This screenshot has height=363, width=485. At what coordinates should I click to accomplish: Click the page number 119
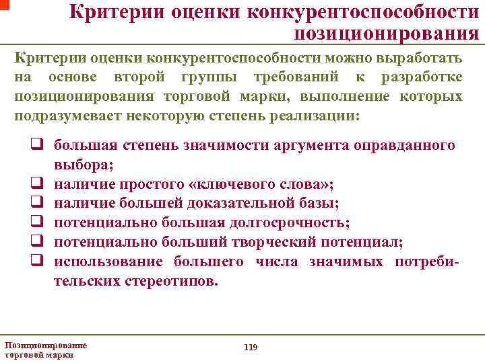(250, 347)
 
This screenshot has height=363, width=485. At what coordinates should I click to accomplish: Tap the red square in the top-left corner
(3, 3)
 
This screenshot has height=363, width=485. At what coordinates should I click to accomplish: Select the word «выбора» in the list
(82, 164)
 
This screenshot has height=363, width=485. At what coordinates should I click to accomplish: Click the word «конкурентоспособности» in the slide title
(359, 13)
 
